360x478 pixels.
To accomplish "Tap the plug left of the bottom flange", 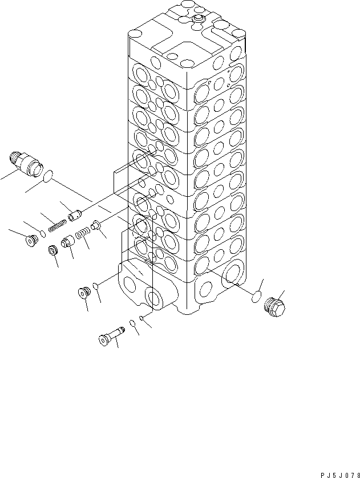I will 84,293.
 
